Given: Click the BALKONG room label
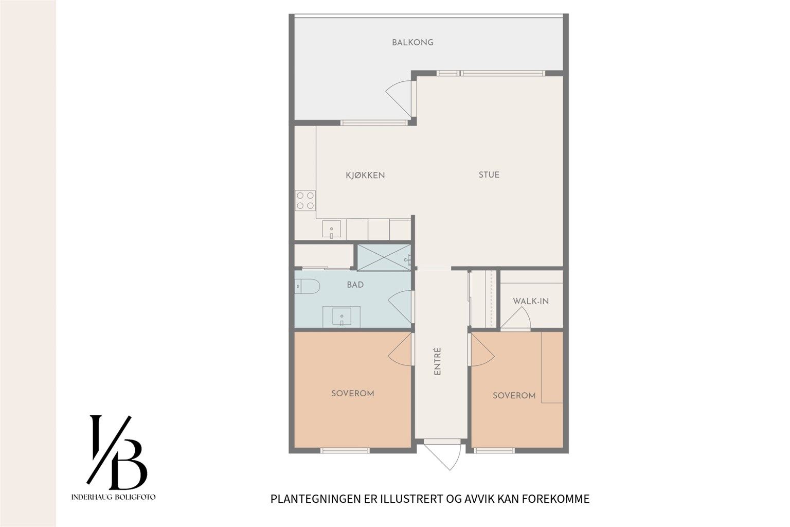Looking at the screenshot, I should click(412, 42).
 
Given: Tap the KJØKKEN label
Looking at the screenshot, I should click(365, 175).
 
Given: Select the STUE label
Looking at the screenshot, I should click(489, 174).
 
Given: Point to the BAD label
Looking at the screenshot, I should click(355, 285).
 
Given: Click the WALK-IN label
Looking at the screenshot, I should click(531, 301).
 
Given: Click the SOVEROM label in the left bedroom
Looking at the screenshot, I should click(352, 393).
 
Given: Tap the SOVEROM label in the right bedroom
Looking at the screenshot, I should click(514, 395).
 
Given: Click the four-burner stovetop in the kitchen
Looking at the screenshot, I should click(304, 200).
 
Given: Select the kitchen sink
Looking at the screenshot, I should click(332, 229).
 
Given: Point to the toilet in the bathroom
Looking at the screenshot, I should click(307, 286).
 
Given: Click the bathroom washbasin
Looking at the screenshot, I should click(342, 316).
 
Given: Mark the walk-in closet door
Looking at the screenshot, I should click(515, 319).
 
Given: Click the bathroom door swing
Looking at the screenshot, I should click(400, 306).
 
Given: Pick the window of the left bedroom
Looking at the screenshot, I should click(345, 451).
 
